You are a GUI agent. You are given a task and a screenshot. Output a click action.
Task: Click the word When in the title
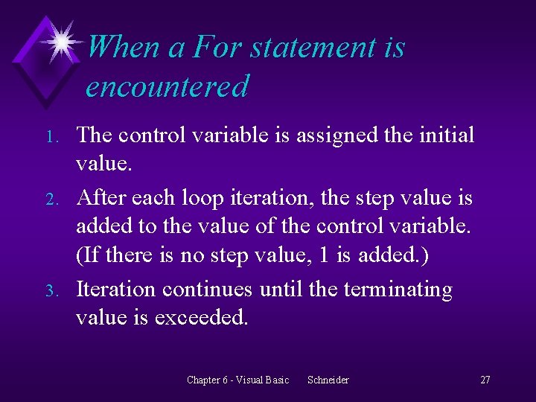tap(123, 48)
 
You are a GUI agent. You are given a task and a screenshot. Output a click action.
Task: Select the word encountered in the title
tap(167, 86)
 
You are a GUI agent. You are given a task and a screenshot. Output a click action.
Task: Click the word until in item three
tap(280, 289)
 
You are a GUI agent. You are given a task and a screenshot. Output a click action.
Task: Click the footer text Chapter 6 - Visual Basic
tap(237, 380)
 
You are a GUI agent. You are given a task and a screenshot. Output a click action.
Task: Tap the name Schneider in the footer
tap(328, 380)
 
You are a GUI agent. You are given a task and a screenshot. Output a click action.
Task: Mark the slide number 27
tap(485, 380)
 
